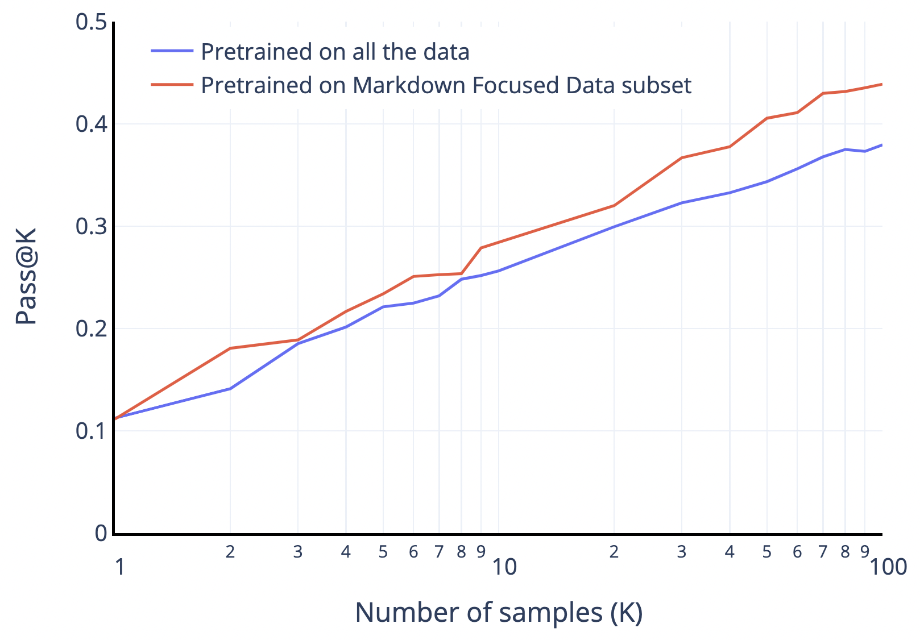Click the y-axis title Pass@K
coord(26,276)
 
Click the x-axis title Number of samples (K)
coord(499,613)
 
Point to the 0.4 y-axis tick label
coord(91,124)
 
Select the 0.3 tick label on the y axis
coord(91,226)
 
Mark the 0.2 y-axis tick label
coord(91,329)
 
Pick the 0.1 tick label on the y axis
coord(91,431)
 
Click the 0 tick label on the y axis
coord(101,533)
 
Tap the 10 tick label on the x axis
coord(504,567)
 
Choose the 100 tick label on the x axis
coord(888,567)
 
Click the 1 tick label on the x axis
coord(119,567)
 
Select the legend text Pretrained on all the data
coord(335,52)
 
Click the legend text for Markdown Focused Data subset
coord(446,85)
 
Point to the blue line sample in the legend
coord(172,51)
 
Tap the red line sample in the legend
coord(172,85)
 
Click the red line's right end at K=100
coord(882,84)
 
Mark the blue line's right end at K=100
coord(882,145)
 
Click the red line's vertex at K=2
coord(230,348)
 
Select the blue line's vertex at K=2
coord(230,388)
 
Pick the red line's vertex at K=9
coord(481,248)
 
